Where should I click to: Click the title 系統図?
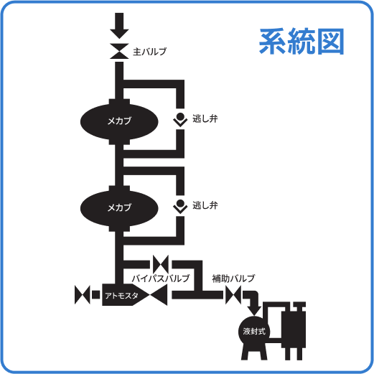(301, 42)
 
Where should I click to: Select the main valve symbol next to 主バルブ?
(118, 52)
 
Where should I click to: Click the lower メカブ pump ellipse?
(118, 207)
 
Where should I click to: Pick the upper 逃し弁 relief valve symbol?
(179, 119)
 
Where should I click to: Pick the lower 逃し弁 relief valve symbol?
(179, 207)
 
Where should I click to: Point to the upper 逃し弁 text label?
(205, 118)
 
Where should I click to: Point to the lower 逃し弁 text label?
(205, 206)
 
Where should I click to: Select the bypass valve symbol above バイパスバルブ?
(161, 263)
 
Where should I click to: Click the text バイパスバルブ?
(161, 278)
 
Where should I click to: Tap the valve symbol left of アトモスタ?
(82, 294)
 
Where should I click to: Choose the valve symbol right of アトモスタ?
(159, 294)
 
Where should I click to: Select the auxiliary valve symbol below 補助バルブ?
(234, 294)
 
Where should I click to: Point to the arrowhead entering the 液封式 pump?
(253, 307)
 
